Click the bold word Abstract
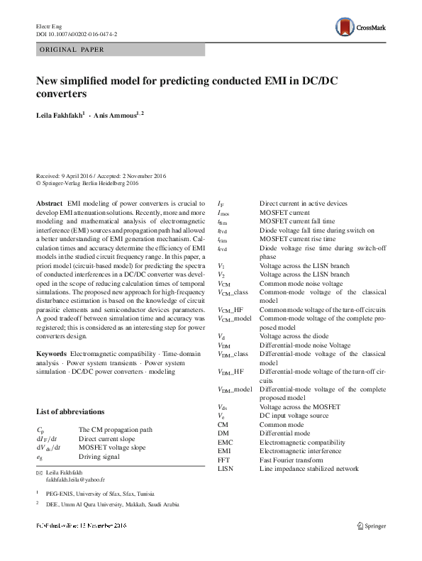(x=49, y=203)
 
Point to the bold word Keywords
(x=51, y=353)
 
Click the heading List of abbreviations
(x=70, y=411)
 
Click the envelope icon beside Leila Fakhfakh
(x=39, y=472)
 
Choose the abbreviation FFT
(x=225, y=460)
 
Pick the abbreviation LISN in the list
(x=226, y=469)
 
